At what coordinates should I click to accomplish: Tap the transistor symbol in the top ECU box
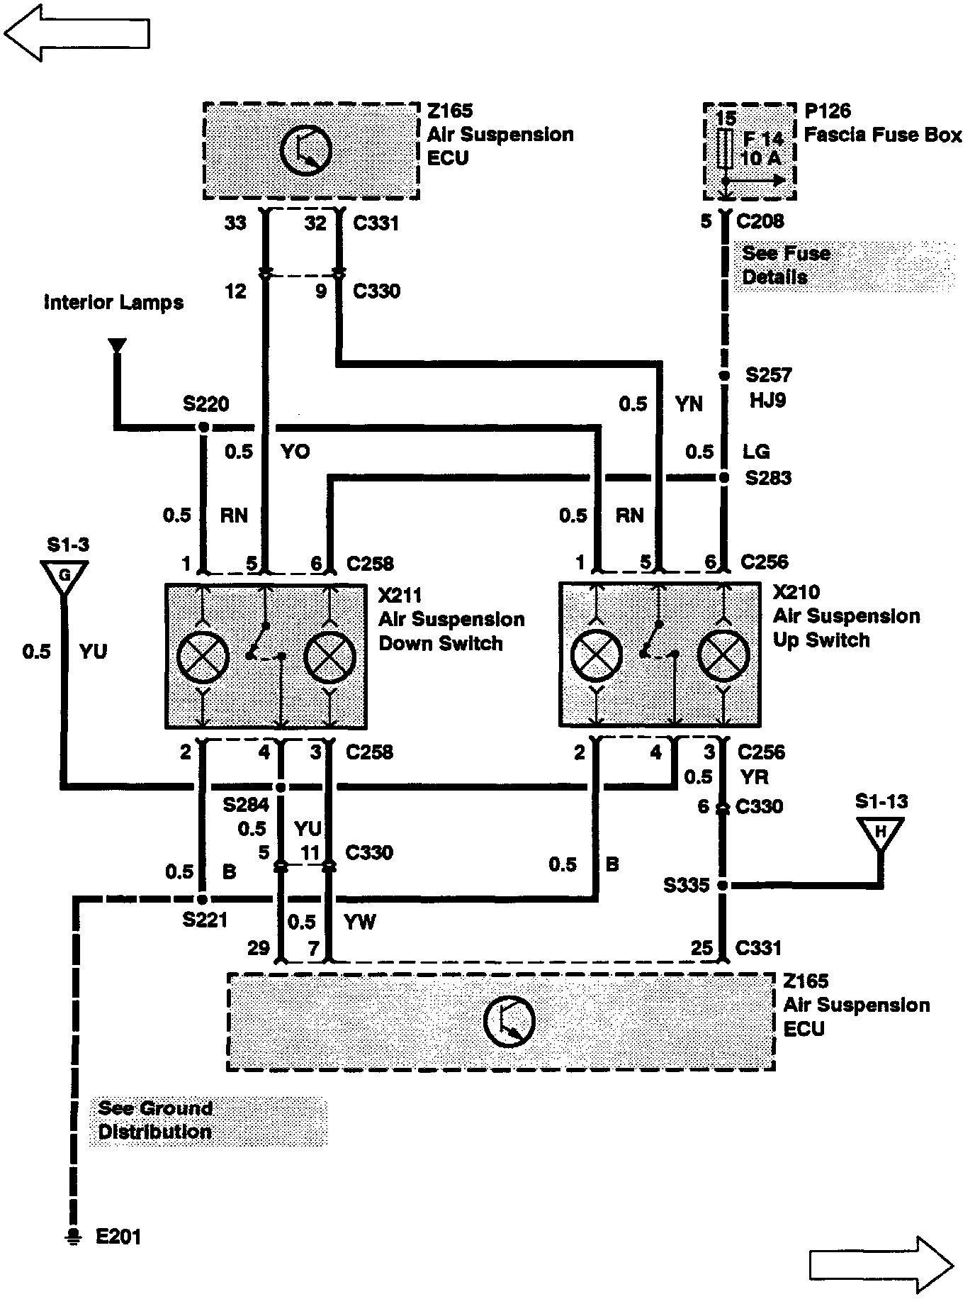305,150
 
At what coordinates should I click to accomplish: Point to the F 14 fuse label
762,138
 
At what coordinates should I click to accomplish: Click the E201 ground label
118,1237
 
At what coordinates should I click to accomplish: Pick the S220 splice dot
203,428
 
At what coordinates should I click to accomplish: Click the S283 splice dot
724,478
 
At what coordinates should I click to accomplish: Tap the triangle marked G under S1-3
64,576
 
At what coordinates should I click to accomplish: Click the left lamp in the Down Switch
203,655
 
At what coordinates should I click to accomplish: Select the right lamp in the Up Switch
723,653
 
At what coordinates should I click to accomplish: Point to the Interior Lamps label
113,303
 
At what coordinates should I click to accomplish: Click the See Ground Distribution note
154,1120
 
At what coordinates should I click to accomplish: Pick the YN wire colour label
689,404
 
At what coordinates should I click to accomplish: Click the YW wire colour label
359,922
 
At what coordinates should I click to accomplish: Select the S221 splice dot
203,899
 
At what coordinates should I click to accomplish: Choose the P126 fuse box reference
827,111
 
